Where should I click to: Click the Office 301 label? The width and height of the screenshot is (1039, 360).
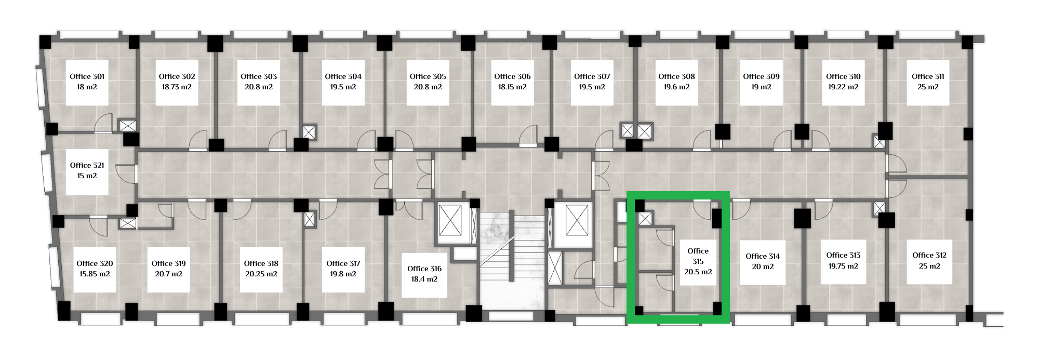(x=87, y=76)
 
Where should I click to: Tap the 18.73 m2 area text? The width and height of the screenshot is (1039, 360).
(x=177, y=87)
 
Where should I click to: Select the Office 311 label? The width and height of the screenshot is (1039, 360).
(x=928, y=76)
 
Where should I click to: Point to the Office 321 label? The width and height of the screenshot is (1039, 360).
(x=87, y=165)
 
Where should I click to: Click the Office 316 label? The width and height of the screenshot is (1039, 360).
(x=424, y=269)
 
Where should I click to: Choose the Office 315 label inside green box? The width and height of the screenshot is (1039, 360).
(x=698, y=256)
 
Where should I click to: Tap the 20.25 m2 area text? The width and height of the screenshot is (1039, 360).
(x=261, y=274)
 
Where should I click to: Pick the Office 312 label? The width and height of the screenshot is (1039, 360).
(x=929, y=255)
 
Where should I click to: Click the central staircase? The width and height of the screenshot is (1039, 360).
(x=512, y=260)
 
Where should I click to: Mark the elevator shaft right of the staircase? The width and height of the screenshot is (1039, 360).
(x=577, y=220)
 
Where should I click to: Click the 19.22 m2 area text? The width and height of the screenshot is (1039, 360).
(x=843, y=87)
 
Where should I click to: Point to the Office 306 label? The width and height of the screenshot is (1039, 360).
(x=512, y=76)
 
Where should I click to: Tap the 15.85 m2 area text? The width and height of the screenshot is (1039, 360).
(x=95, y=274)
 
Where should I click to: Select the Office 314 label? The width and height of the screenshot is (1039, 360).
(x=763, y=256)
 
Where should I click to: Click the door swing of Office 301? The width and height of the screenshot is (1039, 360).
(x=103, y=123)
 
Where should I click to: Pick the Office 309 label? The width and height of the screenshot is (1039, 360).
(x=761, y=76)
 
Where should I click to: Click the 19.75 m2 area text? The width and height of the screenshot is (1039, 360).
(x=843, y=266)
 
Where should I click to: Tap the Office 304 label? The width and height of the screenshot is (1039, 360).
(x=343, y=76)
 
